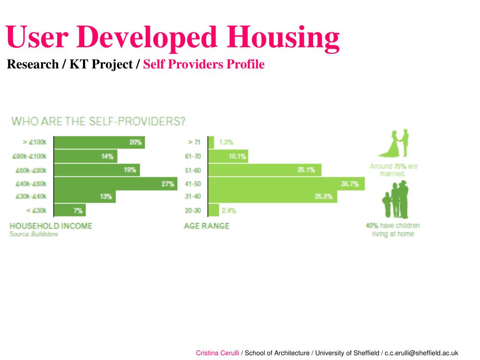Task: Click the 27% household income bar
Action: tap(116, 184)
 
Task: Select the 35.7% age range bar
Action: tap(286, 184)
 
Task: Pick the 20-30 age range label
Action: tap(193, 210)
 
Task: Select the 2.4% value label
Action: tap(229, 210)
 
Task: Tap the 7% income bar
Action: tap(70, 210)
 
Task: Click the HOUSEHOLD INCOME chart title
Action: tap(51, 226)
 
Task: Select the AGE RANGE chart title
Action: tap(207, 226)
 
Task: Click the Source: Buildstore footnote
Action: tap(33, 233)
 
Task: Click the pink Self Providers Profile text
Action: tap(204, 64)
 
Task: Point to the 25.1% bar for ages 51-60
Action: tap(265, 170)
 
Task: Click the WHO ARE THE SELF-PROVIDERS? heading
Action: tap(98, 121)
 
